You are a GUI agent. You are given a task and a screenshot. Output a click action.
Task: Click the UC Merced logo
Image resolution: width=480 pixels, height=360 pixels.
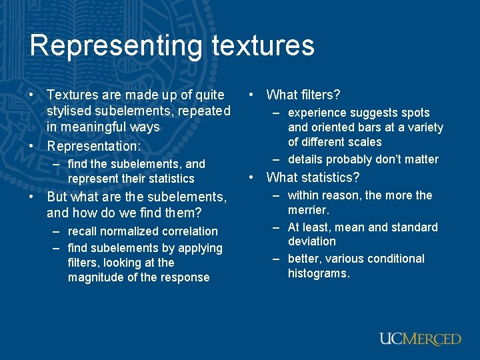coord(420,339)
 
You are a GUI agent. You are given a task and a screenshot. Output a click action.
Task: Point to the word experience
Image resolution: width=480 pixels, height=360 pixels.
coord(317,113)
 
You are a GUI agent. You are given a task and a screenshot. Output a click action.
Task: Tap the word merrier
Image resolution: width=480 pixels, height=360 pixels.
coord(309,210)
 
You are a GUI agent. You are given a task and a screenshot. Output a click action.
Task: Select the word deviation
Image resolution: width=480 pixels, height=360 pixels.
coord(312,241)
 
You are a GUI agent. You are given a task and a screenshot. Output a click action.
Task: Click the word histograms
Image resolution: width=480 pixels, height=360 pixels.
coord(319,273)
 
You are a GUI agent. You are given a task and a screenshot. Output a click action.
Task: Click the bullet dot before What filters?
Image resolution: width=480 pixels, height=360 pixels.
coord(251,95)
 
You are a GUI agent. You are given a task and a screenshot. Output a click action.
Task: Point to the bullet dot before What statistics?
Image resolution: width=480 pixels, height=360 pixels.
coord(251,178)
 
